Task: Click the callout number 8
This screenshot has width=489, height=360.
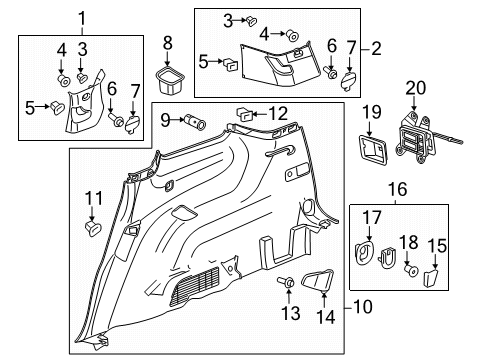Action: click(168, 41)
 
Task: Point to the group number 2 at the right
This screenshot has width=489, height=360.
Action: click(378, 47)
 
